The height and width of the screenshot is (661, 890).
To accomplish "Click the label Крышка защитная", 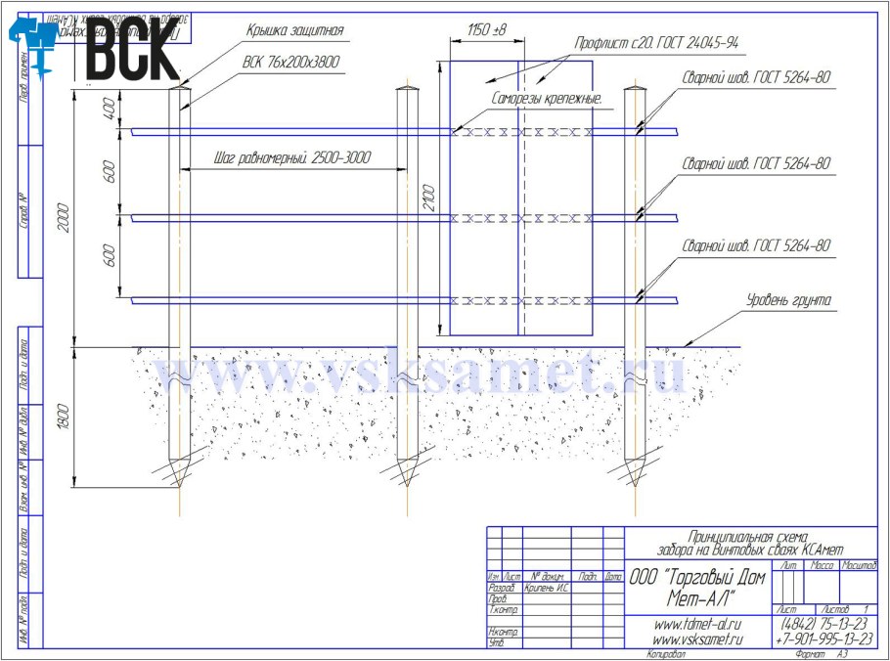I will [293, 31].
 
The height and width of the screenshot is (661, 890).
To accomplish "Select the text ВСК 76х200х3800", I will [292, 62].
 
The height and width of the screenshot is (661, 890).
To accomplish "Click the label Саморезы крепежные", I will [547, 99].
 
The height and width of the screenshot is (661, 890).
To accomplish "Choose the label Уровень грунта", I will [787, 300].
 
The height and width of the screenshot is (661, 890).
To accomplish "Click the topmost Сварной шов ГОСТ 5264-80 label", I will [756, 79].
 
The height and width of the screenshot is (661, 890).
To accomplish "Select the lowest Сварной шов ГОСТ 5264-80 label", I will [756, 246].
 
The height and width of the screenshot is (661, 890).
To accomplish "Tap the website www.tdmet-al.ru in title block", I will [695, 623].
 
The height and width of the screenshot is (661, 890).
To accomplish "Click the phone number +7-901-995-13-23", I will [823, 639].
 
